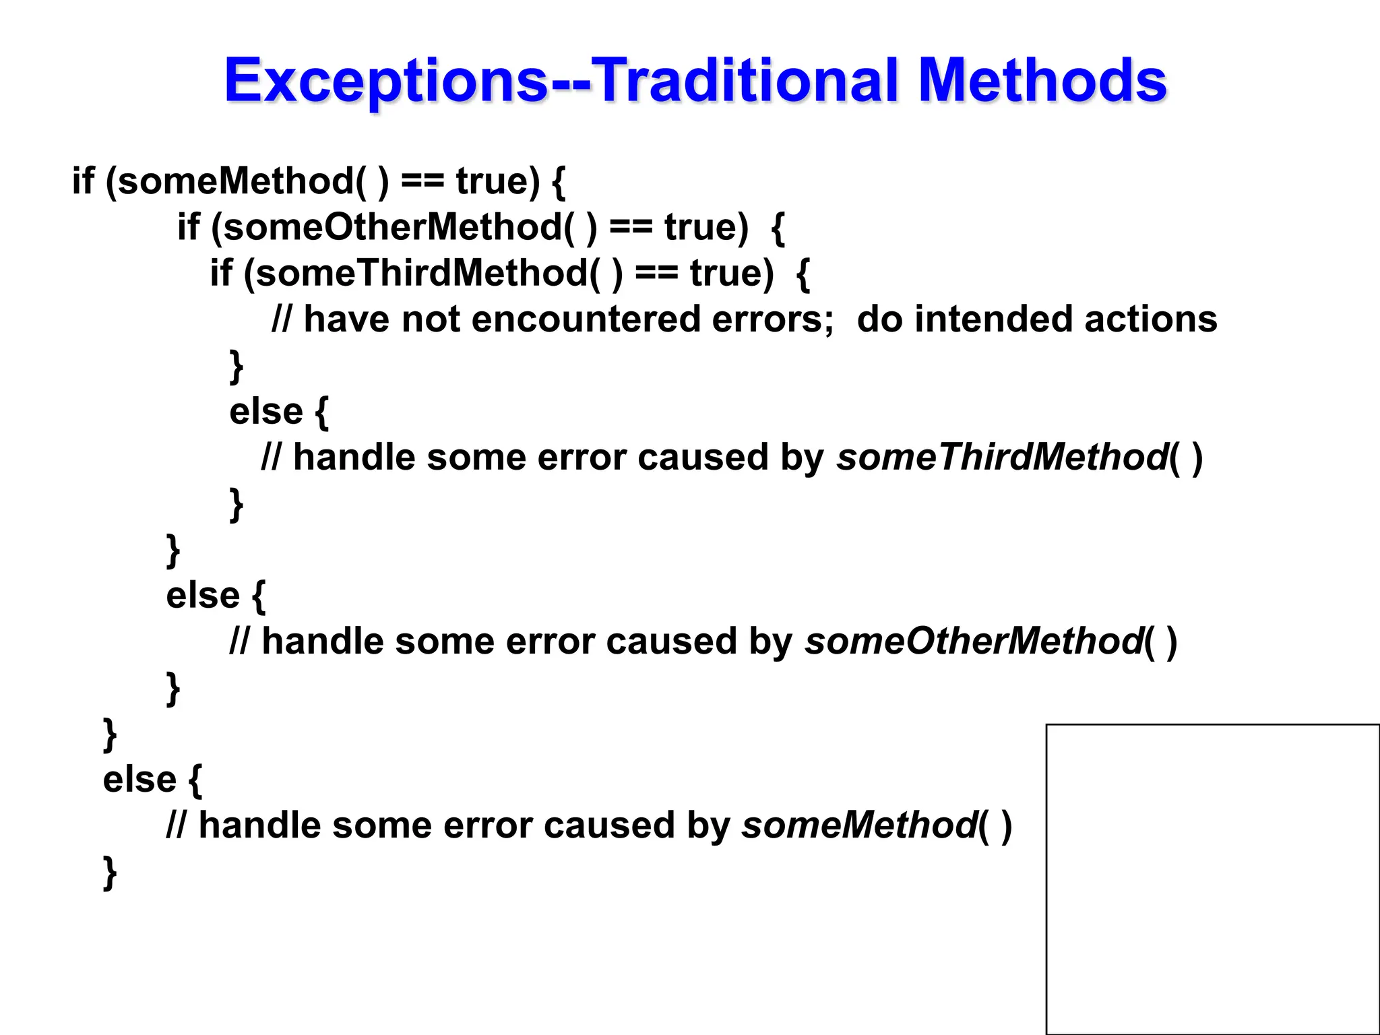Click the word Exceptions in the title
(387, 81)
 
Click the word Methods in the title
(1042, 81)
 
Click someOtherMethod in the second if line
(393, 227)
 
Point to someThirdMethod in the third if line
(422, 273)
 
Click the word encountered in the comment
(586, 319)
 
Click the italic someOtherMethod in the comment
(973, 641)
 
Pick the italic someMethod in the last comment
(859, 825)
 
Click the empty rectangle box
(1212, 879)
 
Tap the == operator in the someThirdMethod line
(656, 273)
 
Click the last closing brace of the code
(110, 873)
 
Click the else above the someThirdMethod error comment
(266, 411)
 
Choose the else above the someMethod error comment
(139, 779)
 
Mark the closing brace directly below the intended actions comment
(237, 366)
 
